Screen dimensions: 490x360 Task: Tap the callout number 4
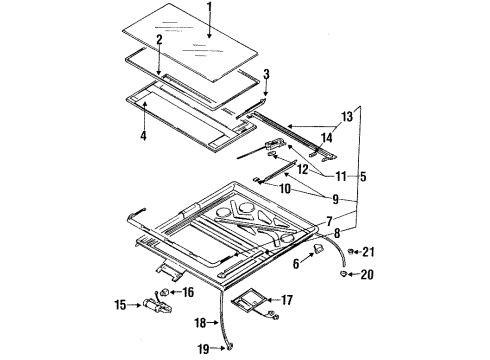pos(143,135)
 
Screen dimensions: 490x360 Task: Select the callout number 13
pos(347,117)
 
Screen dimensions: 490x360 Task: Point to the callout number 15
pos(120,305)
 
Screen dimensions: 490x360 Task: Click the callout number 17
pos(287,300)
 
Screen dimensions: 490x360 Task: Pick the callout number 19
pos(204,349)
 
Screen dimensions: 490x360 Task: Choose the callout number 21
pos(368,252)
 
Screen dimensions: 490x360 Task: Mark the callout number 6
pos(296,264)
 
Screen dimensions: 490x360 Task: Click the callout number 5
pos(363,176)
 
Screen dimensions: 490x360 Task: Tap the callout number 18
pos(200,323)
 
